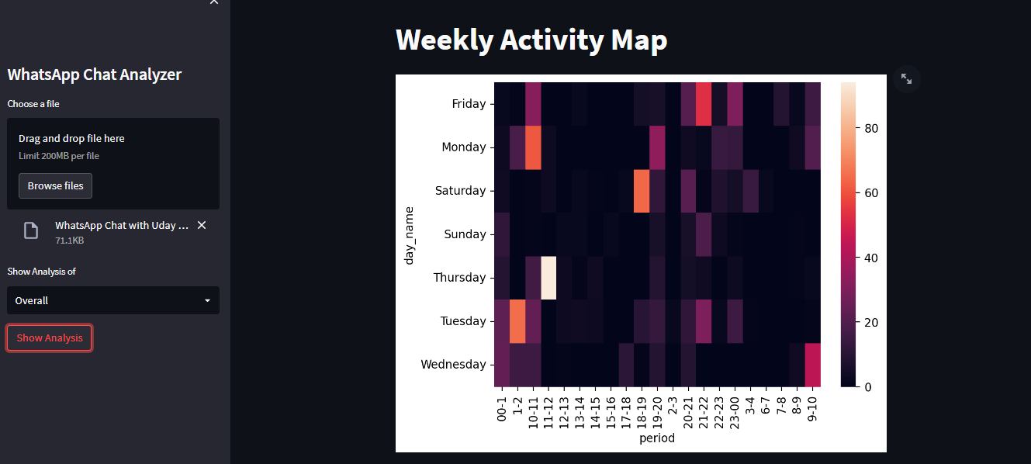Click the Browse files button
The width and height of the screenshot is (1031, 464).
[56, 186]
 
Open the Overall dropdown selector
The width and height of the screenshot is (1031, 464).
[113, 300]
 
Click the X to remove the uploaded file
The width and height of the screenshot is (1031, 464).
[202, 225]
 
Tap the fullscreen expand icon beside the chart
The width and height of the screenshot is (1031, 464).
[906, 78]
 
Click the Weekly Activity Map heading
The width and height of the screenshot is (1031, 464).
[531, 40]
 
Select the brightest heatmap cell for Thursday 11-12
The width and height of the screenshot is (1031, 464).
[548, 278]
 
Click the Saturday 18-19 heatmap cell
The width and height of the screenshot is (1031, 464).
[642, 191]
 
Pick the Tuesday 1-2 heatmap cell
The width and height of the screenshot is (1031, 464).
[517, 321]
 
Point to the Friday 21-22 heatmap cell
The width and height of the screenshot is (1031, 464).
[704, 104]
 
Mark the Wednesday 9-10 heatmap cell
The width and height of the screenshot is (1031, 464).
[812, 365]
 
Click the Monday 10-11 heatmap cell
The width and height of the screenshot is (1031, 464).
[533, 147]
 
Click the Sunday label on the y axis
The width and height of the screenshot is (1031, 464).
[465, 234]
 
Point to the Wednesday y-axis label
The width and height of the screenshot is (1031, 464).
[453, 365]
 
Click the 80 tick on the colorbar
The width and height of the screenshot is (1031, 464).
[871, 129]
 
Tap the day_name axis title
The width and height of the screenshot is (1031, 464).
[409, 234]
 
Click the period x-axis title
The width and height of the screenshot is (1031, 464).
[657, 438]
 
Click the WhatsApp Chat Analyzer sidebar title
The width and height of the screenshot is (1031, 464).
[95, 74]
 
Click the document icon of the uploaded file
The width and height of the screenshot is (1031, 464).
[31, 230]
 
